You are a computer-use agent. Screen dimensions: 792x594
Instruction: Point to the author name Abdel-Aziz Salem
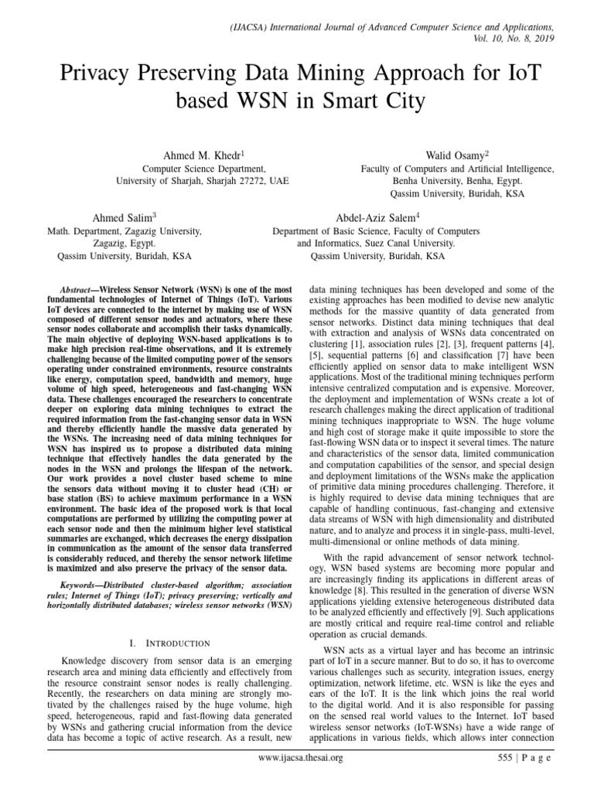377,218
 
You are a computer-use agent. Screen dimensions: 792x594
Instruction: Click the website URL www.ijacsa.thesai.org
300,779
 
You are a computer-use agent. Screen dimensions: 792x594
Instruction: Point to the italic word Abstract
80,285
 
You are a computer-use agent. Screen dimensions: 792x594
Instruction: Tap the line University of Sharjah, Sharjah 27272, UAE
203,179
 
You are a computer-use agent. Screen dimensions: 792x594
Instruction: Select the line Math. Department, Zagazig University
125,230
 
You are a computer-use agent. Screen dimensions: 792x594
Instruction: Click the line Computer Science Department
203,168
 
